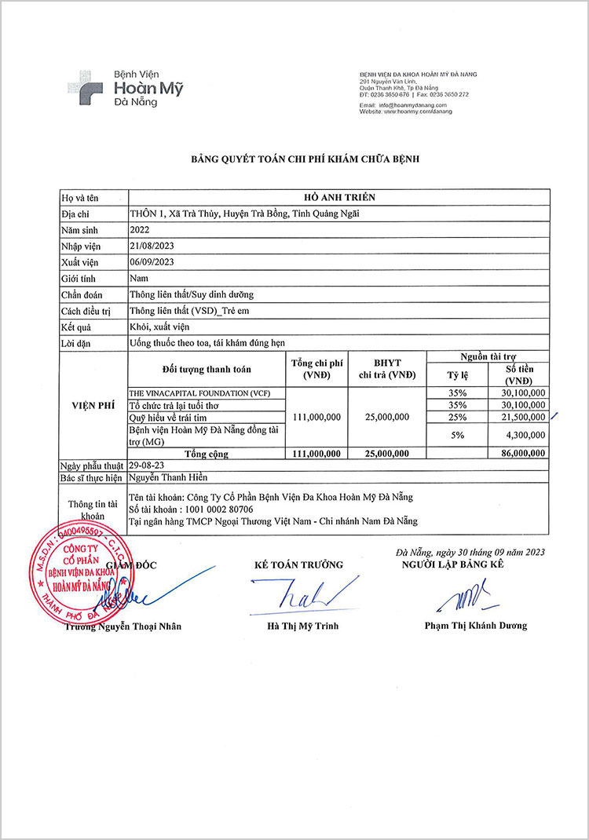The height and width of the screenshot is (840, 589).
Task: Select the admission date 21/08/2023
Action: click(152, 246)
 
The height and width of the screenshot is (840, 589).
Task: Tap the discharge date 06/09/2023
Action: click(152, 262)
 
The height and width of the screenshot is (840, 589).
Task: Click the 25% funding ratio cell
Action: click(457, 417)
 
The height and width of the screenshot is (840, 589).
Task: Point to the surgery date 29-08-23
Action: click(146, 466)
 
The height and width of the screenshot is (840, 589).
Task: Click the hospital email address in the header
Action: click(403, 105)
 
